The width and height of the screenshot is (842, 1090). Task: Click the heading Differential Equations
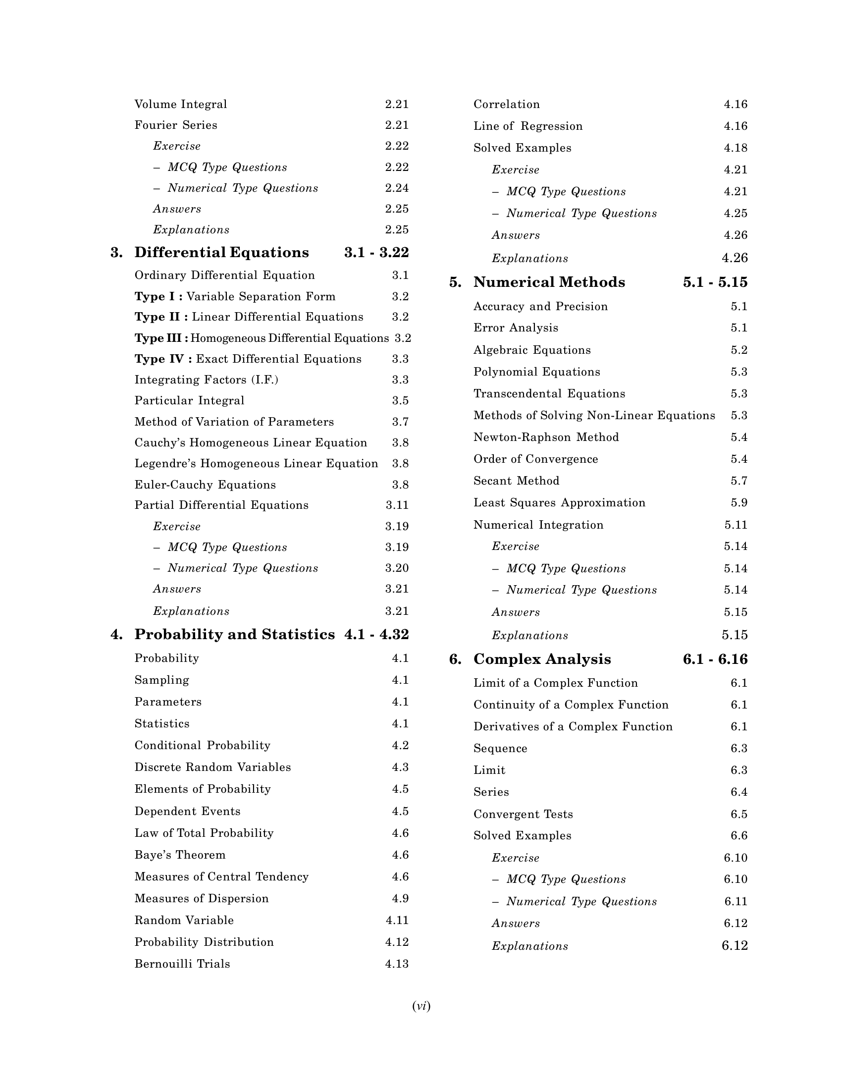click(x=221, y=253)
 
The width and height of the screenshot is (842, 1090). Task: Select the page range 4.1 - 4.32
click(x=376, y=634)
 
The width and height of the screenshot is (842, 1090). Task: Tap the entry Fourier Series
click(x=176, y=125)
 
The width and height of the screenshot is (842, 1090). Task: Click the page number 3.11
click(x=397, y=505)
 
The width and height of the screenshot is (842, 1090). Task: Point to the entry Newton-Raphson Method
click(x=546, y=437)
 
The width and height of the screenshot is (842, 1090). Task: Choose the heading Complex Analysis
click(x=542, y=659)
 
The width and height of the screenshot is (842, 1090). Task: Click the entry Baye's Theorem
click(x=180, y=855)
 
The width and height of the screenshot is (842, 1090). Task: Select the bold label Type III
click(x=161, y=338)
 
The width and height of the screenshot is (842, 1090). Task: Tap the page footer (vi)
click(x=421, y=1006)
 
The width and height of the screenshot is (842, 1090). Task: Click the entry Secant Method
click(x=516, y=481)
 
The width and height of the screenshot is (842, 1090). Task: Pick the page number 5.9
click(x=739, y=502)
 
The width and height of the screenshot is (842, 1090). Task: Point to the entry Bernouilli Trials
click(x=182, y=964)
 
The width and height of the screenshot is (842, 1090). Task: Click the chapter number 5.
click(x=455, y=282)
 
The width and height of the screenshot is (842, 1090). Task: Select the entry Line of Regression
click(x=528, y=126)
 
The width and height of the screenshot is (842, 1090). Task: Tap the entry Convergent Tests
click(x=523, y=814)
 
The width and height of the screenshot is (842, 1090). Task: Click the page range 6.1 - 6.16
click(x=715, y=659)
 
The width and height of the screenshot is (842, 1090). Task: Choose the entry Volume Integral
click(x=181, y=105)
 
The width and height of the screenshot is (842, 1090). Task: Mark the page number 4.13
click(x=397, y=964)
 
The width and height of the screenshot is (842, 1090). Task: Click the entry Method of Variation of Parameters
click(x=234, y=422)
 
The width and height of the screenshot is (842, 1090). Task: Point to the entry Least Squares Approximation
click(x=559, y=502)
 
